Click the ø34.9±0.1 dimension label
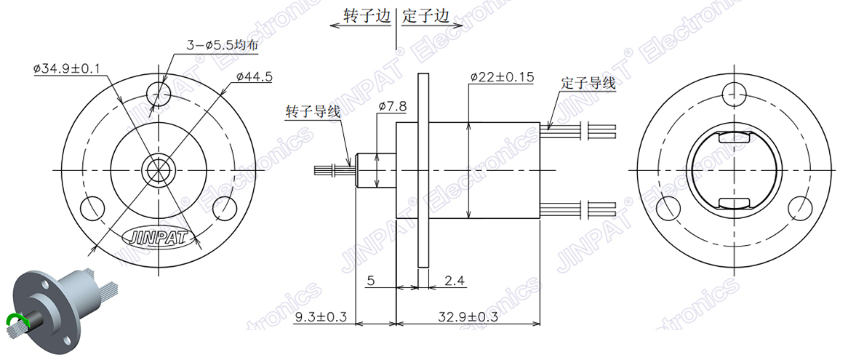click(x=67, y=69)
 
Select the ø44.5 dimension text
click(x=255, y=76)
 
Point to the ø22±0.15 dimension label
click(x=502, y=76)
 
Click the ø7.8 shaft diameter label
click(x=392, y=107)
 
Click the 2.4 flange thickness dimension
click(x=454, y=280)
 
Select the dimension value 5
click(x=370, y=280)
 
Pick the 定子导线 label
click(x=588, y=83)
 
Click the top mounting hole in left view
click(x=158, y=93)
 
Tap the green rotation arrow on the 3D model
click(x=14, y=320)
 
